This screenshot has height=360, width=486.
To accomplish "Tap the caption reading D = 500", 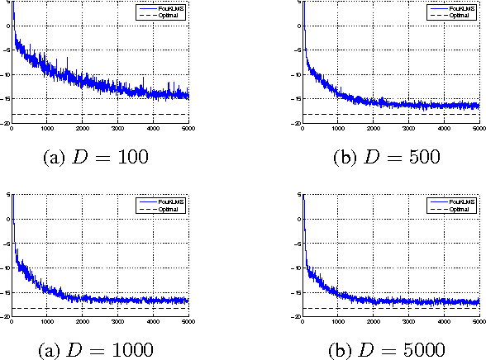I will (392, 156).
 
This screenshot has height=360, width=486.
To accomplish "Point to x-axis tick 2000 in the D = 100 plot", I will (83, 128).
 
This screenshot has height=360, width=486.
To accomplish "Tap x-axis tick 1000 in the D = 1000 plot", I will (47, 322).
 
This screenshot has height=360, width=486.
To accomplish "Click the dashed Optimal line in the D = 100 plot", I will (99, 114).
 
